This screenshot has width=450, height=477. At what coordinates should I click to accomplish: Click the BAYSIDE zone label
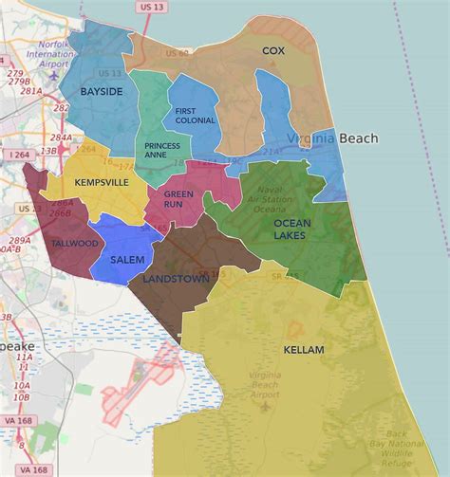(102, 91)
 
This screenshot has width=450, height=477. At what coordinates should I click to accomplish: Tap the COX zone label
(273, 50)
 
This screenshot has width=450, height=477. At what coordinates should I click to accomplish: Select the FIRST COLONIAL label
(196, 116)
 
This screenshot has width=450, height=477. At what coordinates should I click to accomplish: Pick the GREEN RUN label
(178, 199)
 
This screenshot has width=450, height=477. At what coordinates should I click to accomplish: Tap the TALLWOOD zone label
(75, 244)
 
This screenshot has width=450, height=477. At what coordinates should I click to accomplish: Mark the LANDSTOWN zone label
(176, 280)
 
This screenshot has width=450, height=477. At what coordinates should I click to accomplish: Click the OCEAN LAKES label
(291, 229)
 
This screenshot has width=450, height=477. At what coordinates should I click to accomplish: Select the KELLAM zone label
(304, 350)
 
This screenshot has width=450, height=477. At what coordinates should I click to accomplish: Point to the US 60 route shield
(178, 54)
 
